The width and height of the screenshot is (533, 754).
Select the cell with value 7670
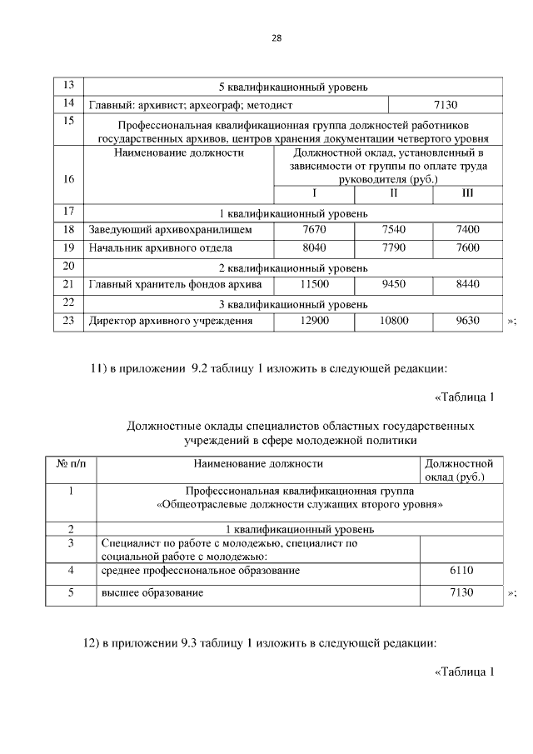[314, 229]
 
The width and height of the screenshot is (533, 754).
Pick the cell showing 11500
[314, 284]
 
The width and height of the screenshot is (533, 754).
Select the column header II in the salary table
[393, 193]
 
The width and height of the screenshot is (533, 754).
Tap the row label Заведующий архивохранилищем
[170, 229]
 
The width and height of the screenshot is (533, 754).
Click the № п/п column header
[71, 463]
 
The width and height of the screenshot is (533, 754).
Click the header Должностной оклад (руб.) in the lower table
[459, 470]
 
